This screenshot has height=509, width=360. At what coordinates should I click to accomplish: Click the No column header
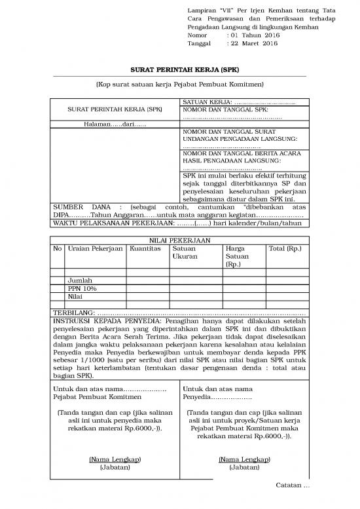click(x=57, y=249)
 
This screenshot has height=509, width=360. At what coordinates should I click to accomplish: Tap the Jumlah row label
click(x=80, y=280)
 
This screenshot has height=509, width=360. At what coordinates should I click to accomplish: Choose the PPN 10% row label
click(x=82, y=288)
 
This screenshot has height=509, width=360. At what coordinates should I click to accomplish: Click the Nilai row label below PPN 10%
click(x=76, y=297)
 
